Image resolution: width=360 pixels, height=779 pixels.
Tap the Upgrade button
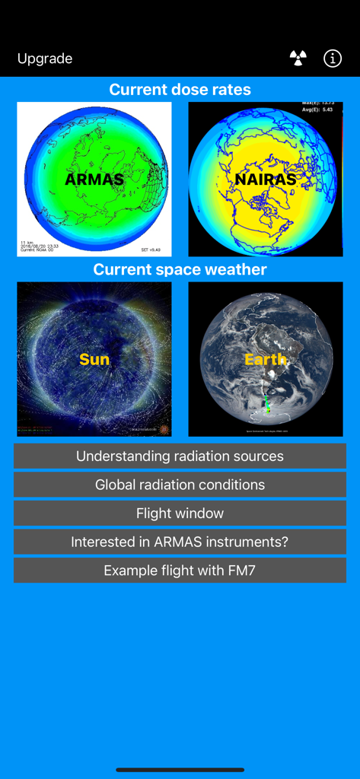pyautogui.click(x=45, y=59)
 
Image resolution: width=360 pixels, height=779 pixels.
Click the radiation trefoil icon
pyautogui.click(x=298, y=59)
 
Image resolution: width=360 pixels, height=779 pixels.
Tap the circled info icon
pyautogui.click(x=333, y=59)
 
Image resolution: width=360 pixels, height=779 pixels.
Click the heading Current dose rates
pyautogui.click(x=180, y=90)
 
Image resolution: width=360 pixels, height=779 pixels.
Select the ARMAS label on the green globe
pyautogui.click(x=94, y=180)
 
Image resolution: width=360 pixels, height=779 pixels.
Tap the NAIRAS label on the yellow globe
pyautogui.click(x=265, y=180)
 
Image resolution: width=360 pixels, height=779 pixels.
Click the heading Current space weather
pyautogui.click(x=180, y=270)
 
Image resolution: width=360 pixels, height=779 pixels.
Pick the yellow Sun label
pyautogui.click(x=94, y=359)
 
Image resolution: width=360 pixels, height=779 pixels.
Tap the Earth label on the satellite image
pyautogui.click(x=265, y=359)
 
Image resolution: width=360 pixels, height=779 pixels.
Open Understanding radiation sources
pyautogui.click(x=180, y=456)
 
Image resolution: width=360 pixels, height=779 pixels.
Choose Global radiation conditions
pyautogui.click(x=180, y=485)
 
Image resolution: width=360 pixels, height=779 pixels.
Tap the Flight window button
pyautogui.click(x=180, y=514)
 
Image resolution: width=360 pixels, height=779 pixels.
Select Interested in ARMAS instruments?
pyautogui.click(x=180, y=542)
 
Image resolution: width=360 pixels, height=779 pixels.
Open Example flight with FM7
pyautogui.click(x=180, y=571)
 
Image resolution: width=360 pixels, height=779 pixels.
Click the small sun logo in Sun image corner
pyautogui.click(x=162, y=429)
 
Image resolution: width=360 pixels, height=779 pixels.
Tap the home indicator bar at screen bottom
pyautogui.click(x=180, y=770)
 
